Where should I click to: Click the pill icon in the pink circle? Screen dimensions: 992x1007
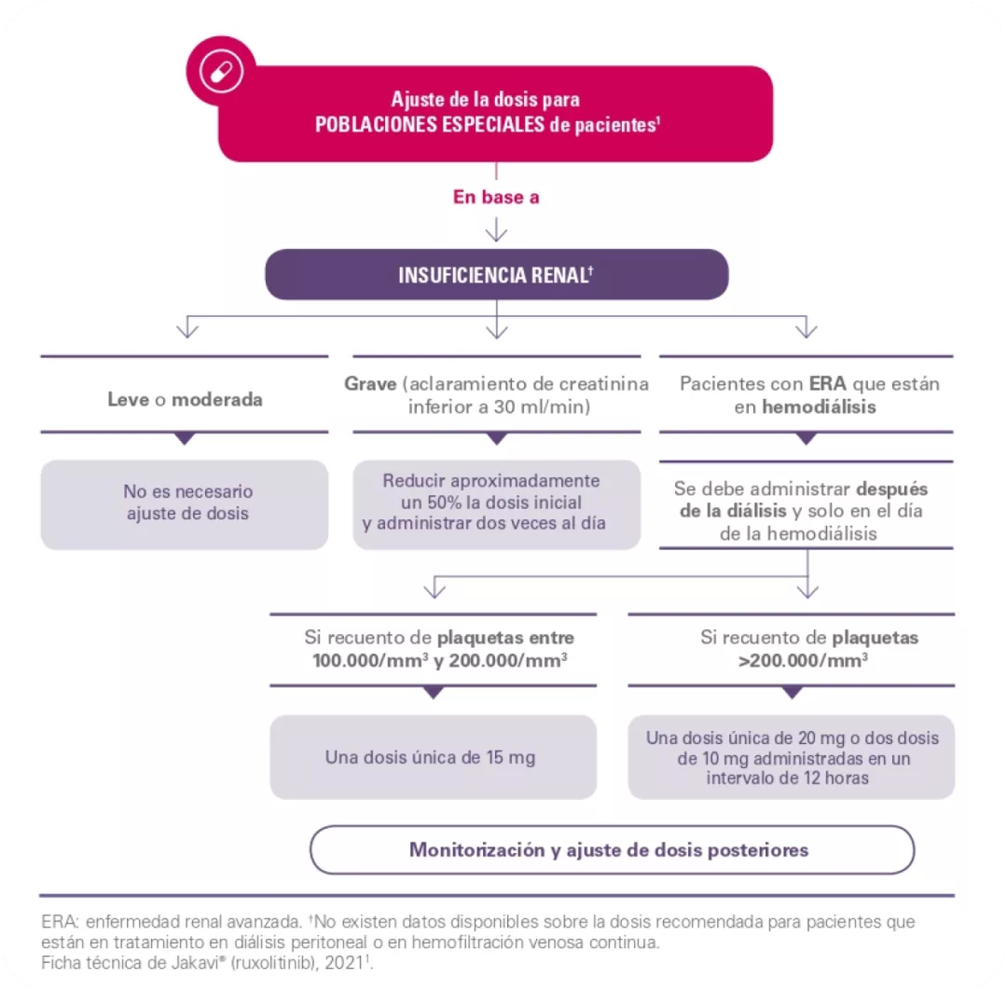[x=221, y=72]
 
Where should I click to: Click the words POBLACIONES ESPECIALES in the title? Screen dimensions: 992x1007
[x=429, y=125]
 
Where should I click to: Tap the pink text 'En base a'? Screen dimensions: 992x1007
[x=496, y=197]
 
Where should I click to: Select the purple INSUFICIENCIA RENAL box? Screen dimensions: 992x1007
[x=496, y=275]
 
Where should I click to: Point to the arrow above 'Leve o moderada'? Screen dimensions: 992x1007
[x=187, y=327]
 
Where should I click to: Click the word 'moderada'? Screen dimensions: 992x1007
[x=217, y=400]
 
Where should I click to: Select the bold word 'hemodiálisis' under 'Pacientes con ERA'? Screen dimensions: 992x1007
[x=820, y=407]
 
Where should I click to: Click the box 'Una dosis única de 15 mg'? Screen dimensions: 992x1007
[x=432, y=756]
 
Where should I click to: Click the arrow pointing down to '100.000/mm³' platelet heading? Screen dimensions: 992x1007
[x=432, y=588]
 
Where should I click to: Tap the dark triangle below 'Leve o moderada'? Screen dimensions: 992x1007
[x=185, y=438]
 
